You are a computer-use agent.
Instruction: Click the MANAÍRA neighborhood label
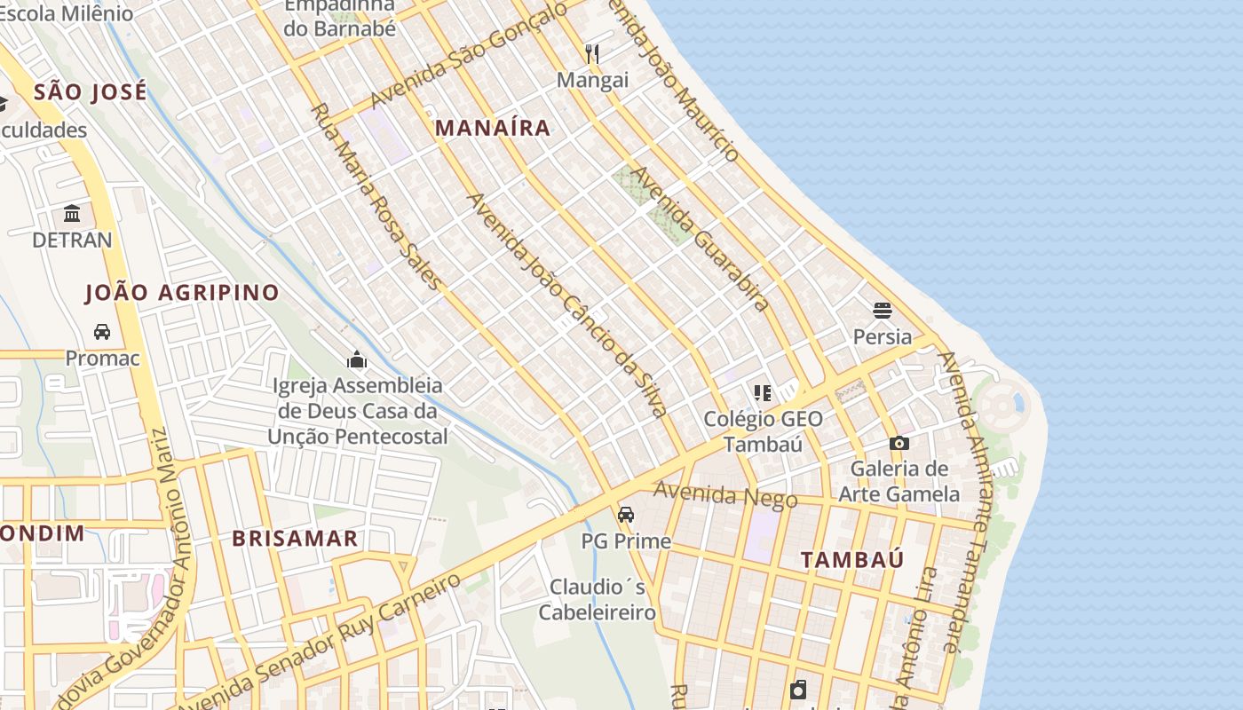[493, 128]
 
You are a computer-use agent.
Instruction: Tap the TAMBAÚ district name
[852, 560]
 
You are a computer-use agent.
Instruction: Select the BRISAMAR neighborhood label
[295, 539]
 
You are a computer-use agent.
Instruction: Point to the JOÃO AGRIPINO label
[182, 293]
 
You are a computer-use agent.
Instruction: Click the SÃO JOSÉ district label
[90, 92]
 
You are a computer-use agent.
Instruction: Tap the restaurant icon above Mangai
[592, 54]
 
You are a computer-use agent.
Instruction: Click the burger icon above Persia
[882, 311]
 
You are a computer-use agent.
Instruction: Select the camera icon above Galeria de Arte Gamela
[899, 443]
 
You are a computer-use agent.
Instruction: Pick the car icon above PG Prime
[626, 515]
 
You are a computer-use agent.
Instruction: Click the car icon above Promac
[102, 332]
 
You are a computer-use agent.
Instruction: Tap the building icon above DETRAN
[72, 214]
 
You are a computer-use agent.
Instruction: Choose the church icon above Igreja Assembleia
[357, 359]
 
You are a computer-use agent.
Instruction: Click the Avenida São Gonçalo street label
[468, 55]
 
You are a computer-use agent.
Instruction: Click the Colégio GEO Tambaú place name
[763, 431]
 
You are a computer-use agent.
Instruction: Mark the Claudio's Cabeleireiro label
[598, 599]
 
